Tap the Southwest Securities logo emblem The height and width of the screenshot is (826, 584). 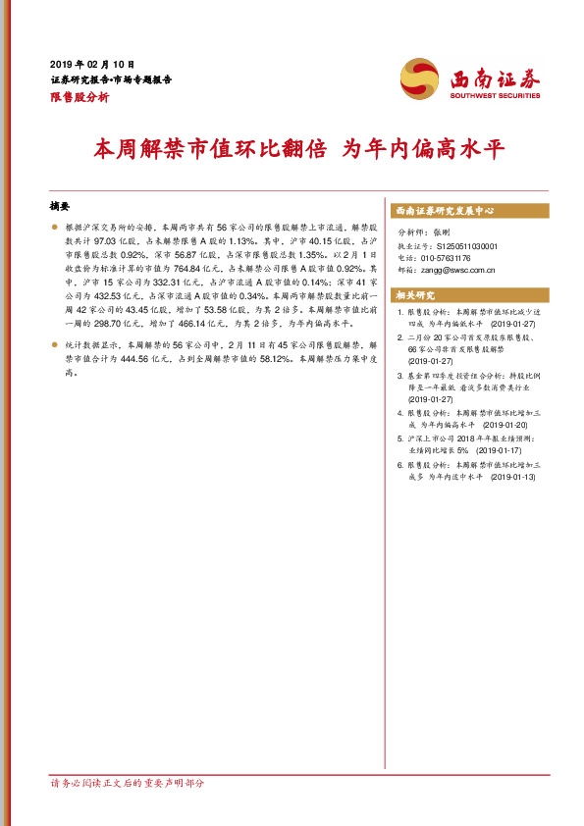(420, 77)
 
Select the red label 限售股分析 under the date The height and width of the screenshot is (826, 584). (80, 97)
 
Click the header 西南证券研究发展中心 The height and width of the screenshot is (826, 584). (443, 210)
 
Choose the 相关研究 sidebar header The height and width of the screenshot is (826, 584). (414, 294)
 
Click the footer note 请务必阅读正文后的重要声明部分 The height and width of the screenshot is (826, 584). (128, 783)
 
